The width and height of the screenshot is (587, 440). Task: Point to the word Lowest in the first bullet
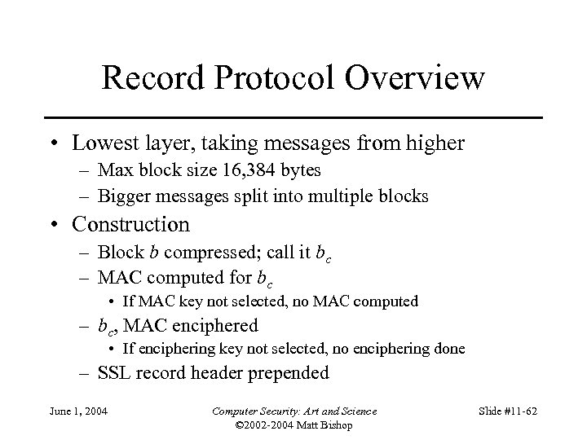click(x=106, y=144)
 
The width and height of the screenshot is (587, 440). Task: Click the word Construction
click(x=130, y=223)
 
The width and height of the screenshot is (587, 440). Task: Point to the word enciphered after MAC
click(x=214, y=325)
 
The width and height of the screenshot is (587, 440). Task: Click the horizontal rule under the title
click(x=293, y=118)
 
